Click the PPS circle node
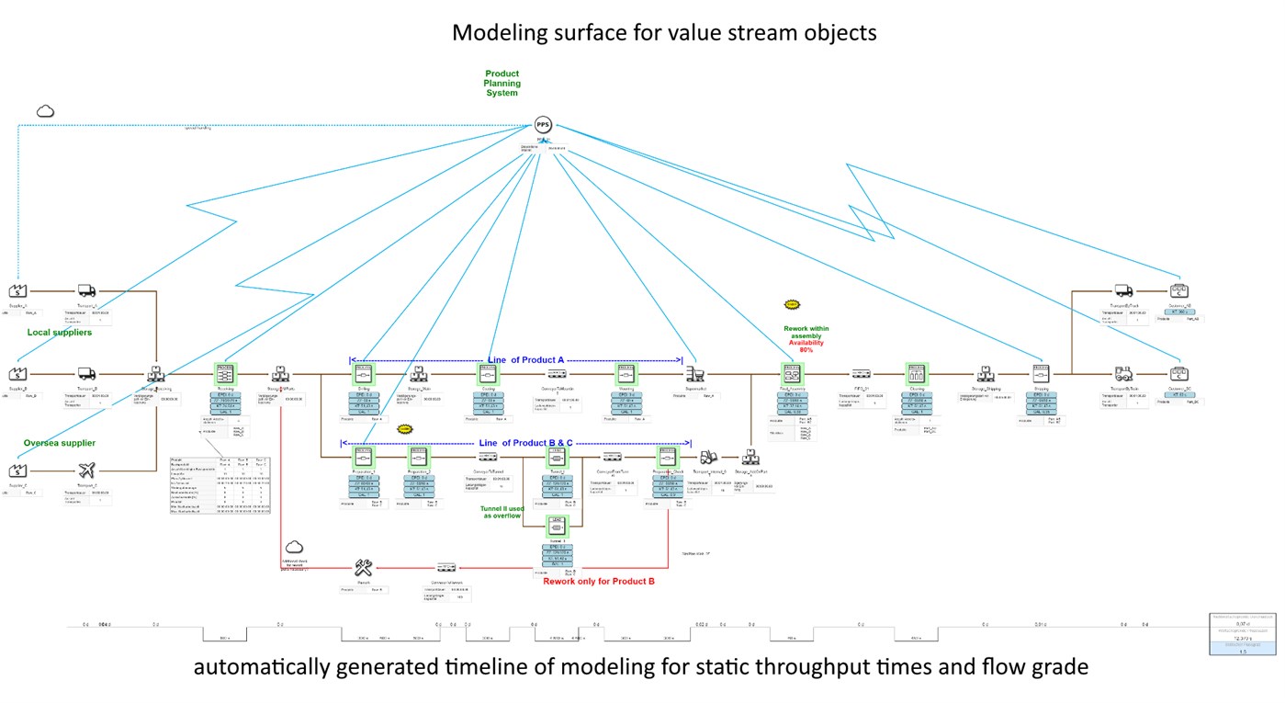click(544, 125)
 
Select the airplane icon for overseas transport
click(87, 471)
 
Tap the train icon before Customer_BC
click(1123, 374)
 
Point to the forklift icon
click(708, 456)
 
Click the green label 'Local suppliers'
click(59, 332)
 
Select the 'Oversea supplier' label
click(60, 443)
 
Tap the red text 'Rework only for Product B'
click(598, 582)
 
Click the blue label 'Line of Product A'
click(525, 359)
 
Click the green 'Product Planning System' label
click(502, 83)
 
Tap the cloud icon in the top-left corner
click(45, 111)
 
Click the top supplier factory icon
click(17, 291)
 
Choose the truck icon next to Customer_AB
click(1123, 291)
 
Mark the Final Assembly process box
click(792, 374)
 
